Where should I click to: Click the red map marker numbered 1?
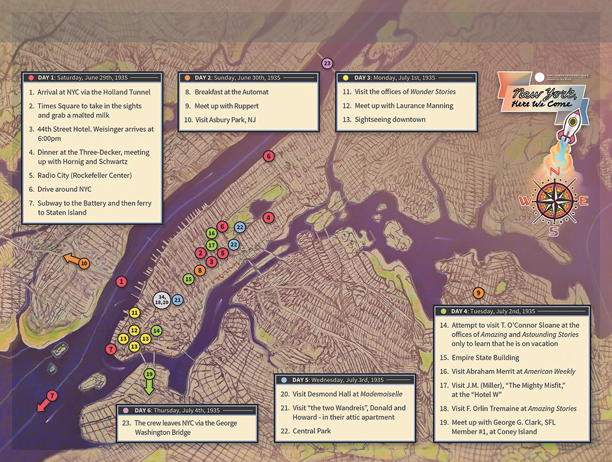[121, 282]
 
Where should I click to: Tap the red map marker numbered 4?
[268, 218]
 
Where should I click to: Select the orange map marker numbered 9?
[477, 292]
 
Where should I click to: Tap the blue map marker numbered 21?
[178, 300]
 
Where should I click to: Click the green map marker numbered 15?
[188, 279]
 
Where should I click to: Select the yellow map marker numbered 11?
[134, 313]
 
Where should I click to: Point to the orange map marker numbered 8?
[200, 270]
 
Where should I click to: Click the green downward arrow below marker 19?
[149, 388]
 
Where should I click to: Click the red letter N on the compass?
[555, 171]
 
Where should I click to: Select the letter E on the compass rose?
[583, 201]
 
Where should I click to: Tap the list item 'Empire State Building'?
[485, 358]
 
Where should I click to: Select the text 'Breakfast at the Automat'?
[231, 92]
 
